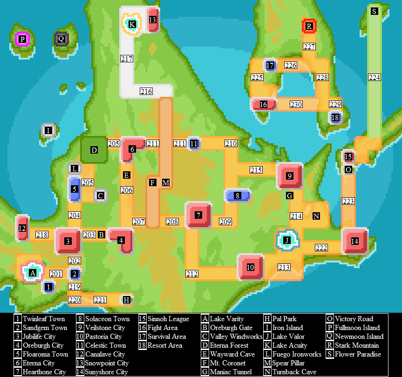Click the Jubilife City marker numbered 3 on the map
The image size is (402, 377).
pyautogui.click(x=68, y=241)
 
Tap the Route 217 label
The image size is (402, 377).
pyautogui.click(x=126, y=59)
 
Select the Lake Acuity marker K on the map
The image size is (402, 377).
pyautogui.click(x=132, y=24)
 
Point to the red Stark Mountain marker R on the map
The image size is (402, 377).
pyautogui.click(x=309, y=27)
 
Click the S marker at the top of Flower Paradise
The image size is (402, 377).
pyautogui.click(x=375, y=11)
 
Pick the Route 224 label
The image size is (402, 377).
pyautogui.click(x=375, y=78)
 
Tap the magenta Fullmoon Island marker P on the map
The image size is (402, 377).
pyautogui.click(x=22, y=39)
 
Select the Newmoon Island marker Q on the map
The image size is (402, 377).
pyautogui.click(x=61, y=39)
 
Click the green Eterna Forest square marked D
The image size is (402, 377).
pyautogui.click(x=94, y=150)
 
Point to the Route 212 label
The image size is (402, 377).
pyautogui.click(x=191, y=274)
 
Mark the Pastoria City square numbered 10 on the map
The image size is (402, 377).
pyautogui.click(x=251, y=267)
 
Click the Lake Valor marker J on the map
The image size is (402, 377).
pyautogui.click(x=287, y=240)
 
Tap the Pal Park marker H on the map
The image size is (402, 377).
pyautogui.click(x=126, y=300)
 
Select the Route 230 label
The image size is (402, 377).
pyautogui.click(x=296, y=104)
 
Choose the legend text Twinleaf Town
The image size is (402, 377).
pyautogui.click(x=44, y=319)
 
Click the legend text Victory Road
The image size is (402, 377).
pyautogui.click(x=354, y=319)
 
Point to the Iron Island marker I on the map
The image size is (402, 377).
pyautogui.click(x=48, y=131)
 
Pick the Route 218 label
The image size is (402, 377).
pyautogui.click(x=42, y=235)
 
